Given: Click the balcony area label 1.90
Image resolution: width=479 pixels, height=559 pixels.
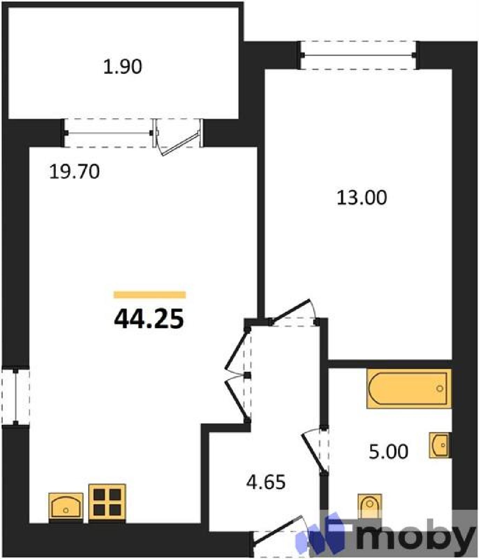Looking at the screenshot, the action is tap(123, 66).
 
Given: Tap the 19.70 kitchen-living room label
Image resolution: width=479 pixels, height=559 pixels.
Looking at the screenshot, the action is tap(74, 172).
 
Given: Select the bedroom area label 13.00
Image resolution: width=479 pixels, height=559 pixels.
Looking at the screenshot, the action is tap(361, 197).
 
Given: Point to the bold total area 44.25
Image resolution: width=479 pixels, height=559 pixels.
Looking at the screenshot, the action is tap(149, 319).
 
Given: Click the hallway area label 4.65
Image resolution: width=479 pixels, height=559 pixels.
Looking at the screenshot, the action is tap(266, 482).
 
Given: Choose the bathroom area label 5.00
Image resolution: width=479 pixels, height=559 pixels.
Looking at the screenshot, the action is tap(388, 451).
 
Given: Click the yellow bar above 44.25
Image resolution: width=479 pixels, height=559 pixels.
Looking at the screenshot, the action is tap(150, 295).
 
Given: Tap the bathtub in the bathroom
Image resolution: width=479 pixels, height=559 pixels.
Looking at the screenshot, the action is tap(409, 389).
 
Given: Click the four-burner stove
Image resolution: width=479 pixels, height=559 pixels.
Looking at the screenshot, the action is tap(107, 502).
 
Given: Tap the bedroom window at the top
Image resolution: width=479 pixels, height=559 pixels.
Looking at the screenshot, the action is tap(358, 55).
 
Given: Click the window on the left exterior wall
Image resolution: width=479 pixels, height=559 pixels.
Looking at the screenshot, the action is tap(16, 396).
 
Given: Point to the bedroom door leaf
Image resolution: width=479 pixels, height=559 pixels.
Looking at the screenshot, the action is tap(290, 311).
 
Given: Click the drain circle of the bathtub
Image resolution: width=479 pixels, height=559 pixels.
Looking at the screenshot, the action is tap(440, 389).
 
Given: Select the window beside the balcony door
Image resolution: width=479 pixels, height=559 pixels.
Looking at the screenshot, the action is tap(108, 133).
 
